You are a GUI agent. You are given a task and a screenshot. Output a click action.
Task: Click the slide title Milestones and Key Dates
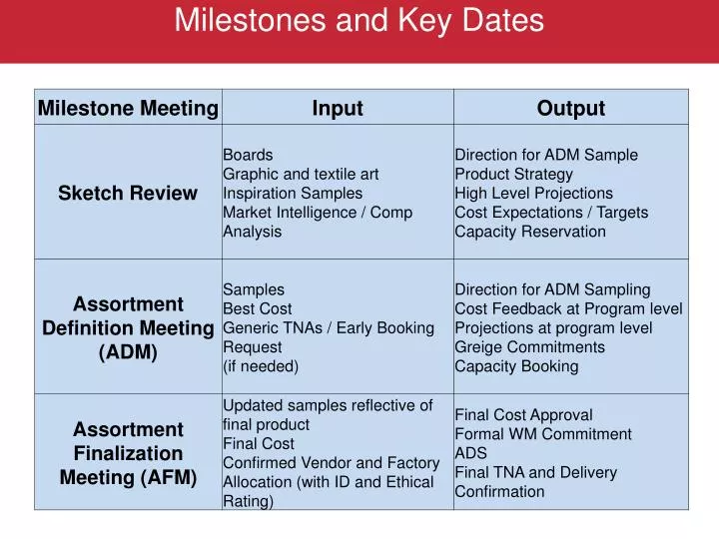click(x=359, y=21)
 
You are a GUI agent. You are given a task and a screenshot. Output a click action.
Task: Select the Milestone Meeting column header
click(x=128, y=109)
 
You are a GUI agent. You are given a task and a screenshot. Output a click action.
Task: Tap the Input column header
click(x=338, y=109)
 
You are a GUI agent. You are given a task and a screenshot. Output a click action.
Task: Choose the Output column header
click(x=571, y=109)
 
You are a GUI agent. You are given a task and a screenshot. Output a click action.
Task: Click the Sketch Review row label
click(x=128, y=194)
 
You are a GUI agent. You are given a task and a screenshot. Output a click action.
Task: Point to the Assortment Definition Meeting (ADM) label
click(x=128, y=327)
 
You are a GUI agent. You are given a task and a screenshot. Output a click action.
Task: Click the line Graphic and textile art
click(x=301, y=174)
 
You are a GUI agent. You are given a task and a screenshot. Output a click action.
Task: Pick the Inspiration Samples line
click(x=293, y=193)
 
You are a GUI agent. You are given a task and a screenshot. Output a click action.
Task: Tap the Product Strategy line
click(x=514, y=174)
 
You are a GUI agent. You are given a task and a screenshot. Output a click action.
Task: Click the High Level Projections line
click(x=534, y=193)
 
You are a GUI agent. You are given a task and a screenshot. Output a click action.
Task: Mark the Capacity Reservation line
click(x=530, y=232)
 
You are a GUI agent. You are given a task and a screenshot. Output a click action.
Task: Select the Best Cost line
click(x=258, y=308)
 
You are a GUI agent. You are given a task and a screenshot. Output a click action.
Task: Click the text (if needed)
click(x=261, y=366)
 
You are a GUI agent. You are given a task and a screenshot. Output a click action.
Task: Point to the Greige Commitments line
click(x=530, y=347)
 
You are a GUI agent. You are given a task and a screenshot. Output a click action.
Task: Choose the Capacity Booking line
click(x=516, y=366)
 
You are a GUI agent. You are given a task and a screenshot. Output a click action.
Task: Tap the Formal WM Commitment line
click(x=543, y=434)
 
